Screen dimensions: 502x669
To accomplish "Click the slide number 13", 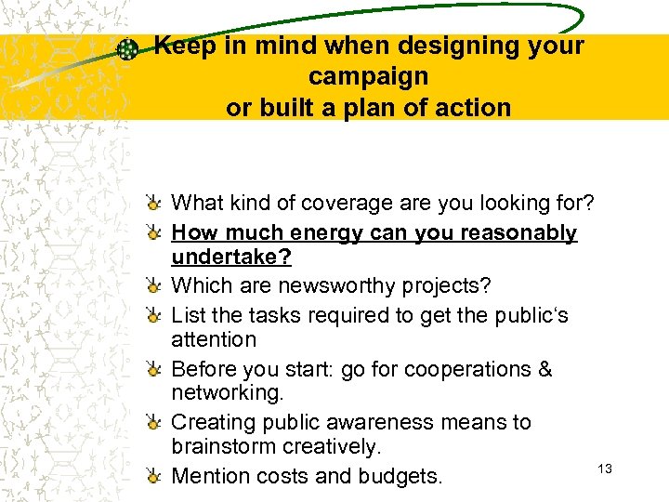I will coord(604,469).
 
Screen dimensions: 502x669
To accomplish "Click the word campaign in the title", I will coord(368,76).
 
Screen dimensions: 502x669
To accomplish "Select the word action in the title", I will coord(469,108).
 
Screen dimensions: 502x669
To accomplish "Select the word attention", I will coord(214,339).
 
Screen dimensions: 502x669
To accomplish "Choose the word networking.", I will coord(227,393).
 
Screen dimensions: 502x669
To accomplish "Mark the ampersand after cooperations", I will coord(545,369).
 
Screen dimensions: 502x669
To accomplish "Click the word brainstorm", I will coord(222,446).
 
